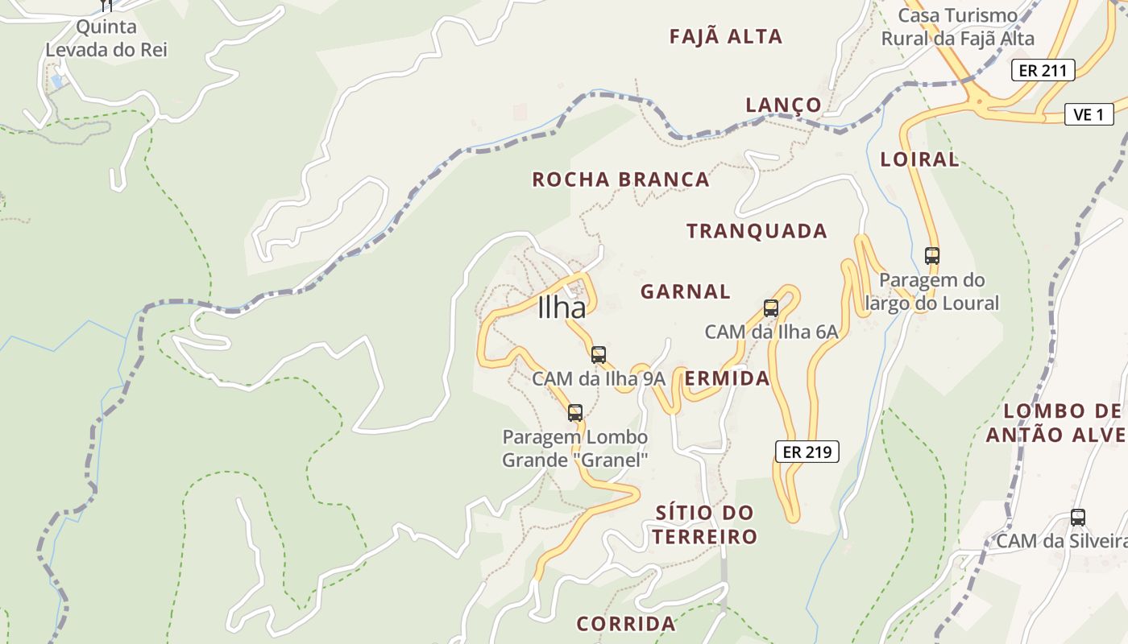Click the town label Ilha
coord(562,308)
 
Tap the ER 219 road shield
coord(807,452)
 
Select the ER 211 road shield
coord(1043,70)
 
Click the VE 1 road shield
coord(1089,114)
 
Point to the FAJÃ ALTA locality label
coord(726,36)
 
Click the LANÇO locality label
coord(783,105)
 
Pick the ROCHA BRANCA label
coord(620,179)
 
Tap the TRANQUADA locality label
coord(757,231)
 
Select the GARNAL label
coord(686,291)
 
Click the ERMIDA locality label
coord(727,378)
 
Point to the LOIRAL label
coord(919,159)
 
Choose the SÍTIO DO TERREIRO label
coord(705,524)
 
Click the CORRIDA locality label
coord(626,623)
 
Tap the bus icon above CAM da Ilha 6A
coord(771,308)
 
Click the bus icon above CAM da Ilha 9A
coord(598,354)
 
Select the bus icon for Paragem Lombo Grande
coord(574,413)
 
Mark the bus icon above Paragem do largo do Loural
coord(931,256)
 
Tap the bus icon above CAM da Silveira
coord(1077,518)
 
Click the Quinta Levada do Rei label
coord(106,38)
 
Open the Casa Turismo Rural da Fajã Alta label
coord(957,27)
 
